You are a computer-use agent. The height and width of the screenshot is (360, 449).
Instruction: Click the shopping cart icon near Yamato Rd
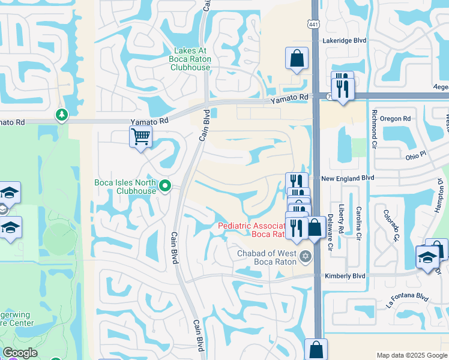140,136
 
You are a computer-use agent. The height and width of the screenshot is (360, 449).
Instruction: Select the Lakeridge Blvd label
344,40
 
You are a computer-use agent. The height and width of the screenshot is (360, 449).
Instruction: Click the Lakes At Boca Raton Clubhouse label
192,59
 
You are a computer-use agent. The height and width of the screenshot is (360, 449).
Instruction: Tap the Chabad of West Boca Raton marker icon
306,257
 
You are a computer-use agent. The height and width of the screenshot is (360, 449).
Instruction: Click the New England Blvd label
347,178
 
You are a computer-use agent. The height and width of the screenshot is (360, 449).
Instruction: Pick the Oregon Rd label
394,119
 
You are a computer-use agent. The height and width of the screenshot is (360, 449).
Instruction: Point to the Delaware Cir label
330,238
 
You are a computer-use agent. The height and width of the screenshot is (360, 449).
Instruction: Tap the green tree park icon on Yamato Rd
61,114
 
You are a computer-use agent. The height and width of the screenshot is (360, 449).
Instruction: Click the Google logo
20,353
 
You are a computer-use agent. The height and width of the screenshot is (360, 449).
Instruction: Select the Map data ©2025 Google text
411,355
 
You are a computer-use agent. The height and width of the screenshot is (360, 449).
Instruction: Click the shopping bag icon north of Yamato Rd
297,59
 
